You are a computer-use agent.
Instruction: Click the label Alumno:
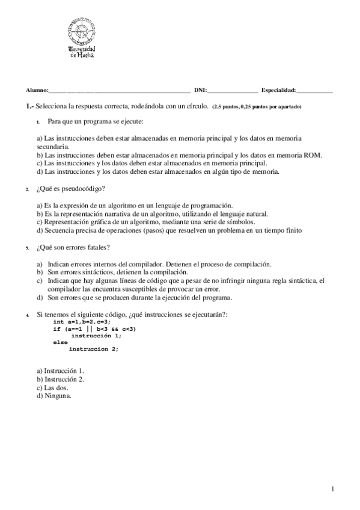36,90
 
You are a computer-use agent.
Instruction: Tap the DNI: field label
200,90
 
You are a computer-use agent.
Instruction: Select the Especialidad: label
279,90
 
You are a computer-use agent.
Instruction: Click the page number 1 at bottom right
332,489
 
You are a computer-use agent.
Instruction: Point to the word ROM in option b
313,155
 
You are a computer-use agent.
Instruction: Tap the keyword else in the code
60,342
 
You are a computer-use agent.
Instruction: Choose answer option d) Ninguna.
53,396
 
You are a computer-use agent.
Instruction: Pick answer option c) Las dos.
52,388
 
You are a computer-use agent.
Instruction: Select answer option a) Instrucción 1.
60,371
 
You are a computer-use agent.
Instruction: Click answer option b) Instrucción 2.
60,379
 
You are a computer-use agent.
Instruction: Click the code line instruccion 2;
93,349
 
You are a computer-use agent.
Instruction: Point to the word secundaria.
52,146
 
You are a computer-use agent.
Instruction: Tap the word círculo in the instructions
195,106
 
